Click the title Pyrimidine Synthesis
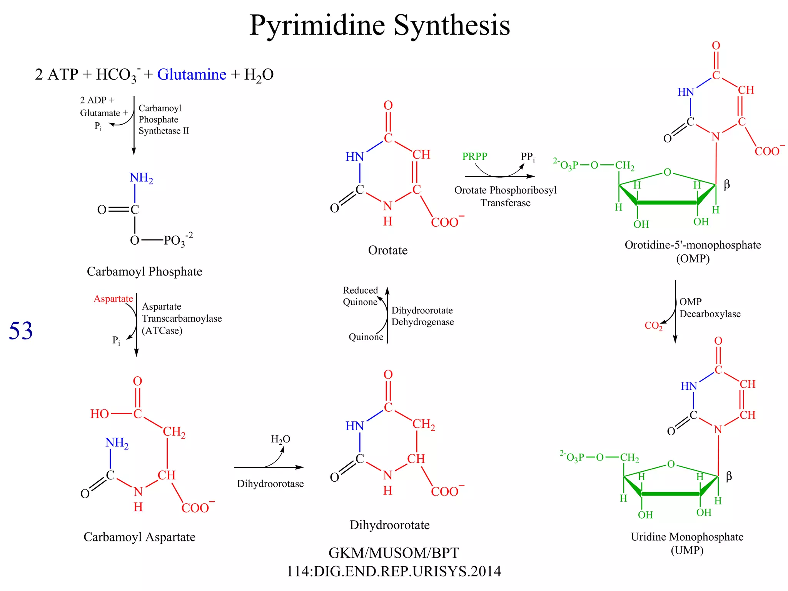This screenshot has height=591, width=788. coord(379,25)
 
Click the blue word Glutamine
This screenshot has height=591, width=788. coord(192,74)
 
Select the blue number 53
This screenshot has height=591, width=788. coord(21,331)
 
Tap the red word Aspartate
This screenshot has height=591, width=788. coord(113,299)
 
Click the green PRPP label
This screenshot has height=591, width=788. coord(474,156)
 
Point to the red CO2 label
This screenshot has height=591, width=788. coord(653,326)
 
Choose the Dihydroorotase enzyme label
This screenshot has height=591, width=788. coord(270,484)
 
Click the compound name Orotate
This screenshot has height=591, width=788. coord(387,250)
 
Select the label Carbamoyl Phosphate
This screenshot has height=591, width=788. coord(144,272)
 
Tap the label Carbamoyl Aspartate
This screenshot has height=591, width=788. coord(139,537)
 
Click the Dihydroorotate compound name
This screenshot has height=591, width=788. coord(389,525)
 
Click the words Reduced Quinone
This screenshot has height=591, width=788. coord(360,296)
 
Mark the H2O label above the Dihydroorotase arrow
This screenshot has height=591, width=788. coord(280,439)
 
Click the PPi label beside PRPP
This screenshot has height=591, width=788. coord(528,157)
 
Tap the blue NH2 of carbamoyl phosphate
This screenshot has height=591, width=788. coord(141,178)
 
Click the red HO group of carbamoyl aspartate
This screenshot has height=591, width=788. coord(99,414)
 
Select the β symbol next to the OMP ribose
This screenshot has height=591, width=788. coord(726,184)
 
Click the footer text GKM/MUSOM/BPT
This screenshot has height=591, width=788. coord(394,553)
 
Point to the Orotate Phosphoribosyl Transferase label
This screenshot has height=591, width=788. coord(505,196)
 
